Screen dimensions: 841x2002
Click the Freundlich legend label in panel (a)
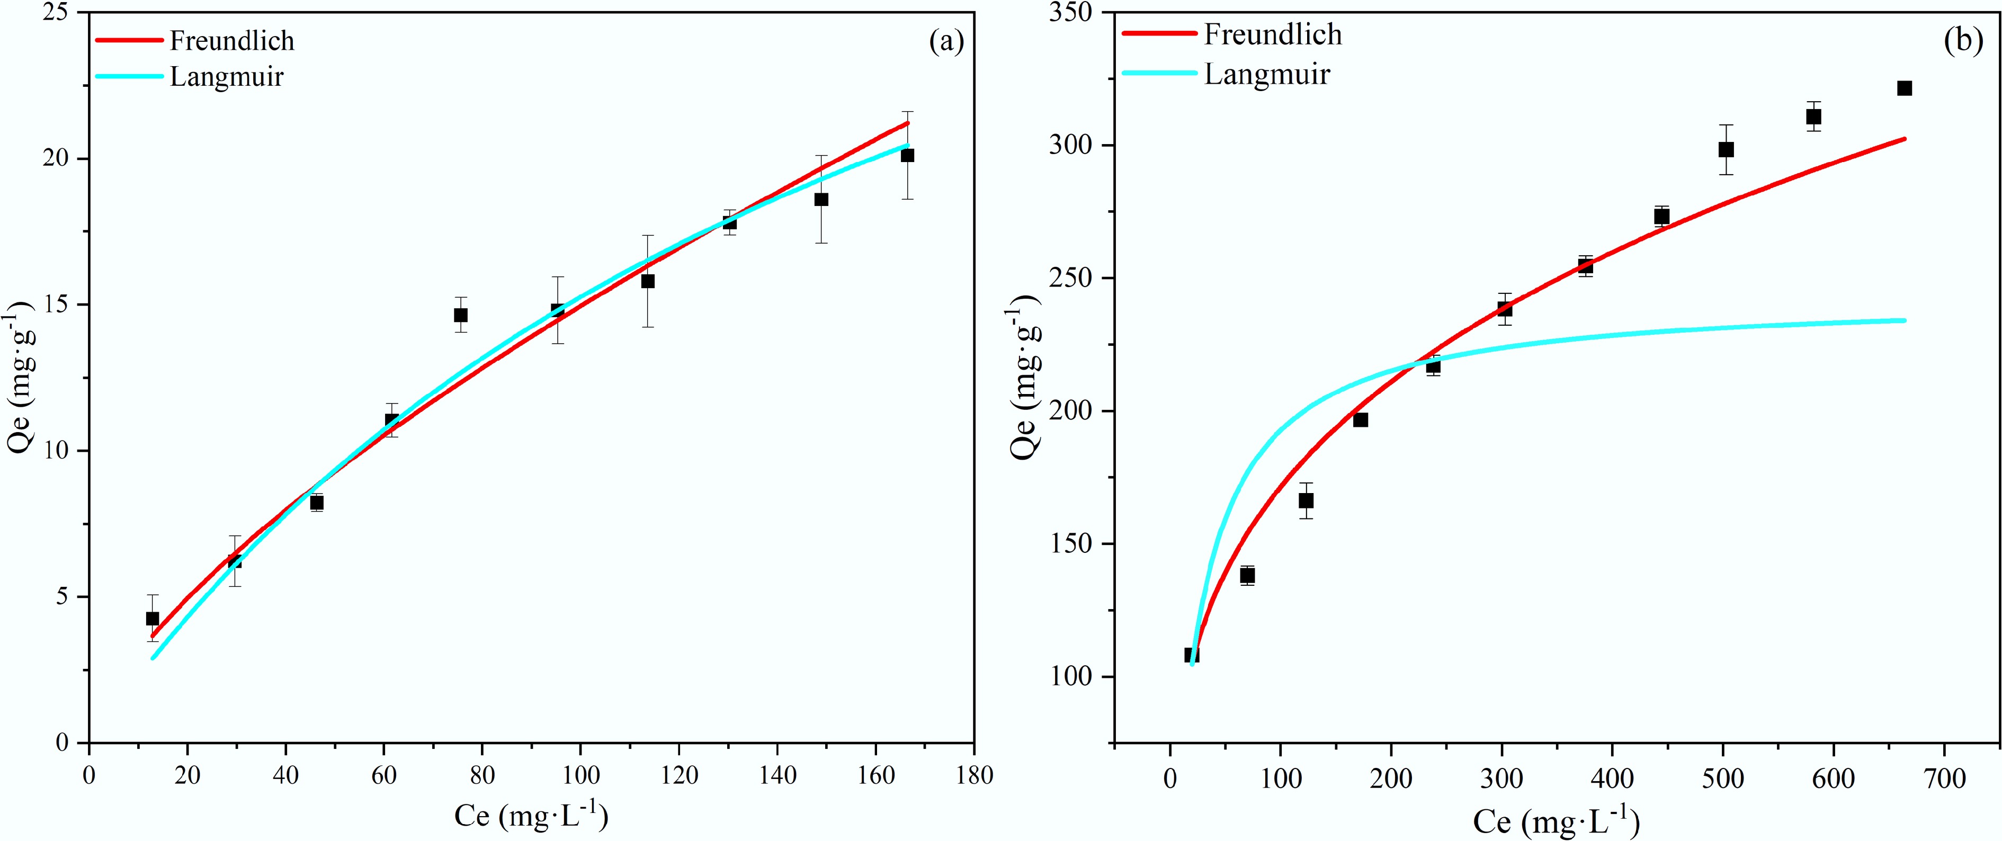[x=233, y=40]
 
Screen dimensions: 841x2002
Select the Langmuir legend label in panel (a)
[x=226, y=77]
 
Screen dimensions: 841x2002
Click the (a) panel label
[x=946, y=42]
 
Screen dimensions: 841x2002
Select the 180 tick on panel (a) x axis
[x=974, y=776]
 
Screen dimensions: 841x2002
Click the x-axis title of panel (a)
[x=531, y=816]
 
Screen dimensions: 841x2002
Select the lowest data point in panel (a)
[x=153, y=619]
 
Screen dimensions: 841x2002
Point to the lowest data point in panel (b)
[x=1192, y=655]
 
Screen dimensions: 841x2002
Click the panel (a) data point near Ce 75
[x=461, y=315]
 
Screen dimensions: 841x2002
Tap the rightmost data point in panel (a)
[x=907, y=156]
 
